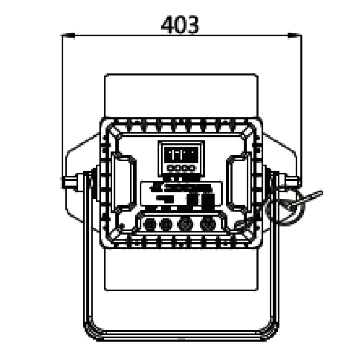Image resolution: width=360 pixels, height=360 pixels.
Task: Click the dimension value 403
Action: click(180, 24)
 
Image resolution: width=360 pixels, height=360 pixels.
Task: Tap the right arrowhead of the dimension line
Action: click(295, 35)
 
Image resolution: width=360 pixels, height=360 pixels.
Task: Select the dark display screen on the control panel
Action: click(181, 154)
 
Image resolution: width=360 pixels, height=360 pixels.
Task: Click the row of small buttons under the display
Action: click(181, 168)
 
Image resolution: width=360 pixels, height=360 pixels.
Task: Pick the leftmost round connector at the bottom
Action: click(149, 224)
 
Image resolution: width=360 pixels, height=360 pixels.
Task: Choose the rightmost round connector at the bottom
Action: click(208, 224)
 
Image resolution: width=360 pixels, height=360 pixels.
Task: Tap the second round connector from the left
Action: click(166, 224)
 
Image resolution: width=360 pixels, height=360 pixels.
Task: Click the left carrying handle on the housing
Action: click(123, 183)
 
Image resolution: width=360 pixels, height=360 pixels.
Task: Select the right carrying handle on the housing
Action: click(239, 183)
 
